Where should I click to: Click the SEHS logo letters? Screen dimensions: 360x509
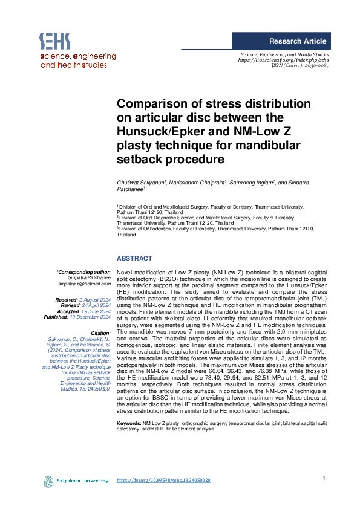click(55, 41)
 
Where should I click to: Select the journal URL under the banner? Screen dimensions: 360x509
click(284, 60)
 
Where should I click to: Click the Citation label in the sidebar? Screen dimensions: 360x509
click(99, 332)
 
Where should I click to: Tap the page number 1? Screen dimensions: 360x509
click(324, 478)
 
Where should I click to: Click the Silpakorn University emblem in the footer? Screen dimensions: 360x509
click(48, 481)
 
